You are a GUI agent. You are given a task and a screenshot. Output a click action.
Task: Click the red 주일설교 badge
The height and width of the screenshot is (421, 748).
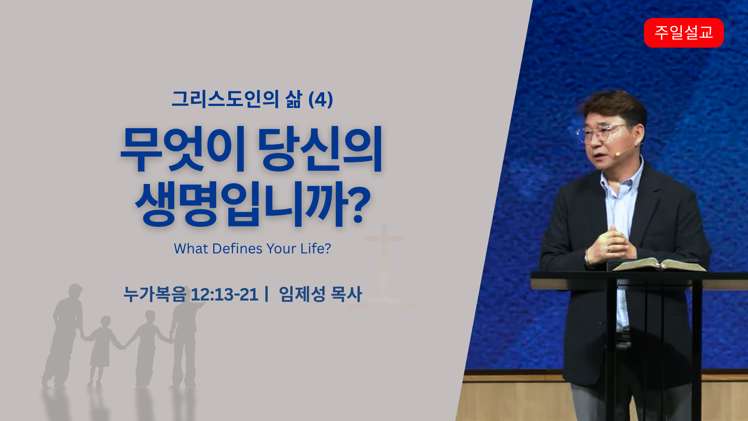point(684,33)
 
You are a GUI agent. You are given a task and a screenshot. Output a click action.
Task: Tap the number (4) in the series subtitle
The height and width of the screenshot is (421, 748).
point(320,99)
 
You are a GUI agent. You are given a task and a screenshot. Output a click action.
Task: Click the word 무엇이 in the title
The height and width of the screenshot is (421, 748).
point(183,149)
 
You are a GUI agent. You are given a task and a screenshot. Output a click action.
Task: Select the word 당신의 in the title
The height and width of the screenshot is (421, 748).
point(320,149)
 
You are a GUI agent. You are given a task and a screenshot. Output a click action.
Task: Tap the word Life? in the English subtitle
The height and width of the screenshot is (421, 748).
point(316,249)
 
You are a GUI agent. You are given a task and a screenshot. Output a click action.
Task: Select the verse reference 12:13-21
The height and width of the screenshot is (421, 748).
point(224,294)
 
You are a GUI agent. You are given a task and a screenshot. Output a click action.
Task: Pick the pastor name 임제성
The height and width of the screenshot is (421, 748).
point(302,294)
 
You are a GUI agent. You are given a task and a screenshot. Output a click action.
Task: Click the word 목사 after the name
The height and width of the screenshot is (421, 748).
point(346,294)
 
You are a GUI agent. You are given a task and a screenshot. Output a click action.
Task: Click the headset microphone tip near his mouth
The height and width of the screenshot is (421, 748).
point(617,154)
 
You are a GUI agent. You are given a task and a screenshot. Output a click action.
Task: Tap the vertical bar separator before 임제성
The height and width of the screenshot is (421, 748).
point(266,294)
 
